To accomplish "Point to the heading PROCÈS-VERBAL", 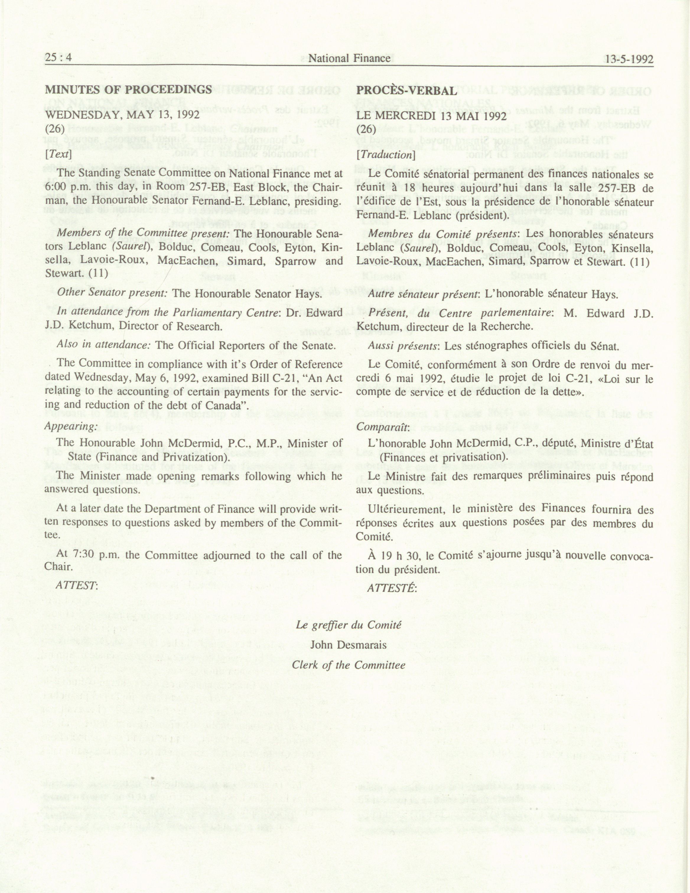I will tap(406, 91).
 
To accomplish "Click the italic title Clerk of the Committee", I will tap(349, 665).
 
